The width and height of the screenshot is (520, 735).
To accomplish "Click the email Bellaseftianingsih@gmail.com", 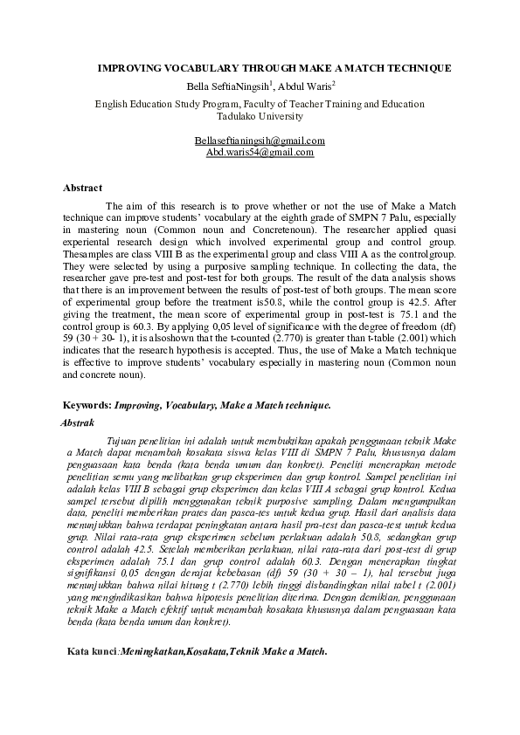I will [x=260, y=140].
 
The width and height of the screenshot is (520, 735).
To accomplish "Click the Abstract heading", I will [x=82, y=188].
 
